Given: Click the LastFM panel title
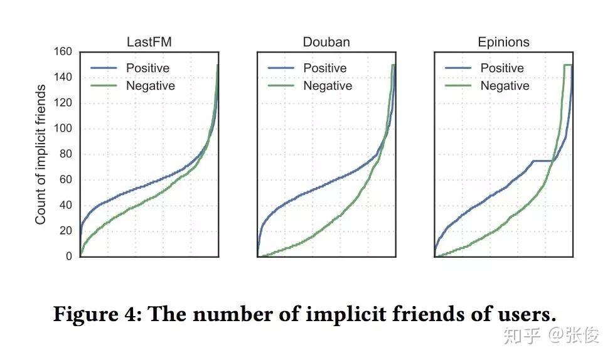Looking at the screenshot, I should pyautogui.click(x=149, y=43).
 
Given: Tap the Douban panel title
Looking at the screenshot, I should pyautogui.click(x=326, y=43).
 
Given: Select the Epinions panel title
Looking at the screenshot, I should pyautogui.click(x=503, y=43).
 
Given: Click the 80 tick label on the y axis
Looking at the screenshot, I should pyautogui.click(x=65, y=154).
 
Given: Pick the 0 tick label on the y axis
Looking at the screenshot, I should pyautogui.click(x=69, y=257).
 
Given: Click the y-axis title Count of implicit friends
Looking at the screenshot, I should pyautogui.click(x=41, y=154).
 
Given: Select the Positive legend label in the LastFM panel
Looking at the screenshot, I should pyautogui.click(x=147, y=68).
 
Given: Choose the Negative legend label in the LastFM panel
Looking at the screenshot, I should pyautogui.click(x=151, y=86).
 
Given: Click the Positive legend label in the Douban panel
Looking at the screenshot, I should pyautogui.click(x=325, y=68).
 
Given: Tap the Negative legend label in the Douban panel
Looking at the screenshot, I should pyautogui.click(x=328, y=86).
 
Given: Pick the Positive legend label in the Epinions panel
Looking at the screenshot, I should pyautogui.click(x=502, y=68).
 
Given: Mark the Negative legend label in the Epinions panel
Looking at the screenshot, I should pyautogui.click(x=505, y=86).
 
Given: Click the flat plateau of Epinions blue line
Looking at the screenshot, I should pyautogui.click(x=542, y=161).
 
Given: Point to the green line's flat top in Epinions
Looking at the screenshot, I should pyautogui.click(x=567, y=65).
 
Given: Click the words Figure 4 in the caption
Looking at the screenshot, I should pyautogui.click(x=97, y=314).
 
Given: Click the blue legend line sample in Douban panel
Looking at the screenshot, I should pyautogui.click(x=281, y=68).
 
